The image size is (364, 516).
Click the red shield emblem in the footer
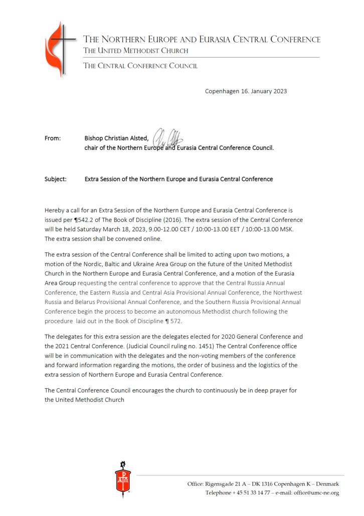pyautogui.click(x=122, y=478)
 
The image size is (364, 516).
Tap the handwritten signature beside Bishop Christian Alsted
pyautogui.click(x=165, y=135)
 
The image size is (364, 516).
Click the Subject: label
pyautogui.click(x=55, y=179)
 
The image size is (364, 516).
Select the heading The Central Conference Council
pyautogui.click(x=140, y=66)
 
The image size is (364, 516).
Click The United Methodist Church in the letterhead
pyautogui.click(x=135, y=51)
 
